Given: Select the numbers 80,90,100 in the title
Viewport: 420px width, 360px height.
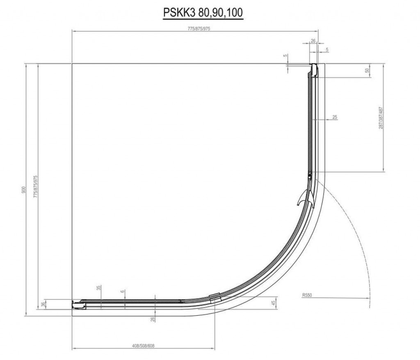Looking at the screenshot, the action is pos(221,13).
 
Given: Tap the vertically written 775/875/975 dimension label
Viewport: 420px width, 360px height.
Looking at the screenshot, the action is pos(35,187).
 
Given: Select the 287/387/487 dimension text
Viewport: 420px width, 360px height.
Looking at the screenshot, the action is pos(381,118).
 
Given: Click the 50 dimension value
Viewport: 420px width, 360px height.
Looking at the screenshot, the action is pos(367,70).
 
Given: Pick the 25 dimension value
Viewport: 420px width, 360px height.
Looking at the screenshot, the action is pos(335,117).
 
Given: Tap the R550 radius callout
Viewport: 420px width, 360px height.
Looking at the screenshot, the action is pos(307,295).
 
